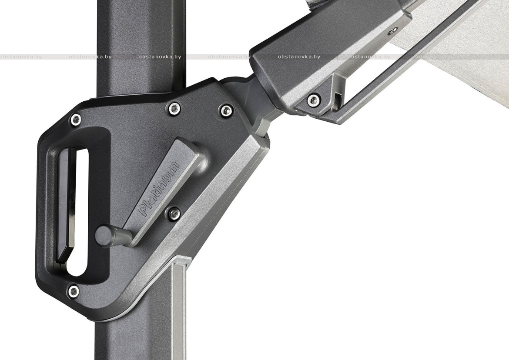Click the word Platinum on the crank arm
[x=160, y=188]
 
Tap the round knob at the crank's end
[x=103, y=235]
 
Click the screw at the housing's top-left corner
[x=76, y=120]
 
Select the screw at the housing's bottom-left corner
[x=74, y=291]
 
